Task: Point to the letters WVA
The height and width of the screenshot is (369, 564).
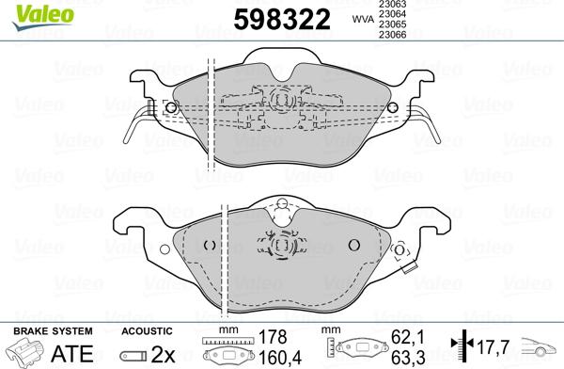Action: coord(360,18)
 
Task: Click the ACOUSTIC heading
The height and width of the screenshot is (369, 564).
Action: coord(147,331)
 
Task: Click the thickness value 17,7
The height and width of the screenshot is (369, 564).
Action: coord(490,345)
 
